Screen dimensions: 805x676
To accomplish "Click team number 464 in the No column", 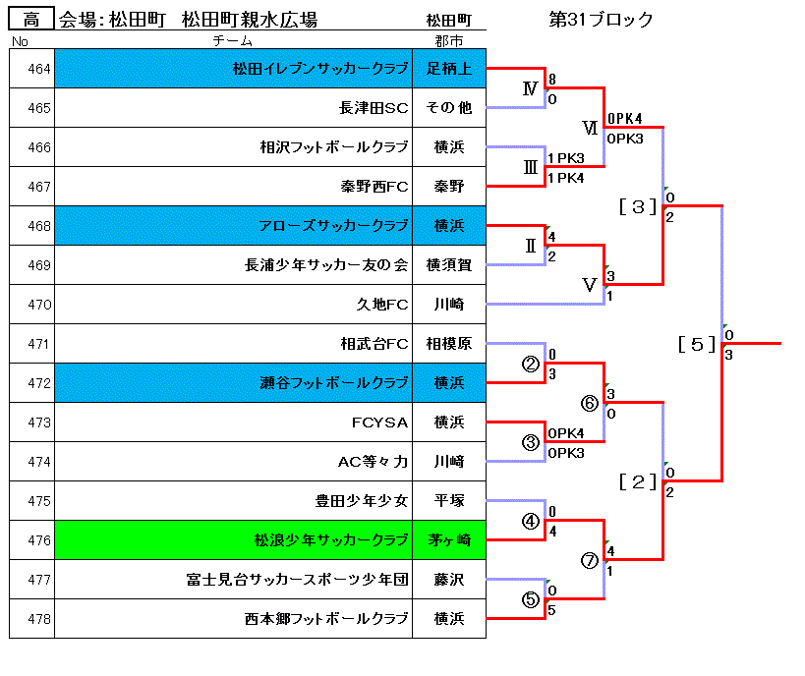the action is (39, 69).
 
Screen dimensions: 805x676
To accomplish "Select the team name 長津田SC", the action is (374, 108).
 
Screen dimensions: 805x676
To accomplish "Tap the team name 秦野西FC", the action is (374, 187).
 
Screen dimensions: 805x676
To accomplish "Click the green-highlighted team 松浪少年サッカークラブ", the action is (331, 540).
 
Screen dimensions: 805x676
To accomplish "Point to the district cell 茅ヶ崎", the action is (449, 540).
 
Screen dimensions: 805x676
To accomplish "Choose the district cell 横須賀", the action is (449, 265).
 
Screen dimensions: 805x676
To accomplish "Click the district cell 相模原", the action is (449, 343).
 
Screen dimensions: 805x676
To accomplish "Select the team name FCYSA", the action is (380, 422).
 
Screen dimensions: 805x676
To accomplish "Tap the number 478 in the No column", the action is (39, 619).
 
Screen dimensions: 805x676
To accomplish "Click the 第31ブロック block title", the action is (601, 19).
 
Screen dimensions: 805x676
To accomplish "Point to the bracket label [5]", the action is (697, 344).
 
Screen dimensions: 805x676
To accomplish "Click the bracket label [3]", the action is (638, 207).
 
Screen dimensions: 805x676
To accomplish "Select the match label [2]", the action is (638, 481).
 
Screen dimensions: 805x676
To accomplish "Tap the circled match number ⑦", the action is (590, 560).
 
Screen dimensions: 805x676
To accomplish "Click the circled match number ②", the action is (531, 364).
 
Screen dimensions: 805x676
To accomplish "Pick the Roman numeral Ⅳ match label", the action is (531, 88).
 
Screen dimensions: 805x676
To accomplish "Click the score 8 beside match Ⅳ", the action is (551, 79).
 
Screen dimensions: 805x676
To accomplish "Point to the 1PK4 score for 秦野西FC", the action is (566, 178).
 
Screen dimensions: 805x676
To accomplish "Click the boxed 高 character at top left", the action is (31, 19).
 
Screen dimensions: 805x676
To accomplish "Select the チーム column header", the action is (233, 40).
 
